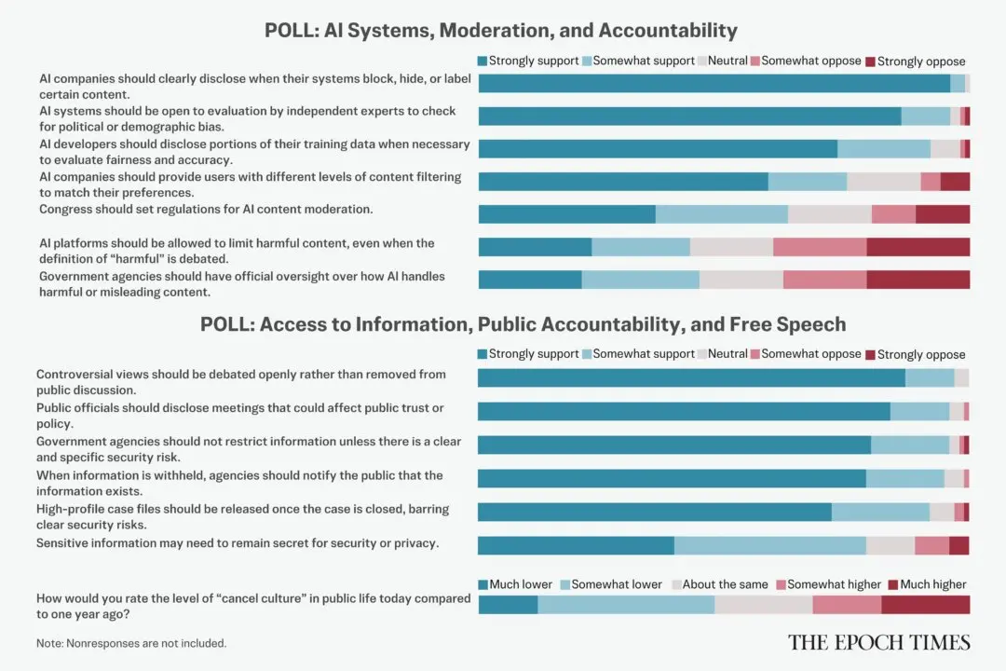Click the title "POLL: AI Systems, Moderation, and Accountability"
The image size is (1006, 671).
pos(500,30)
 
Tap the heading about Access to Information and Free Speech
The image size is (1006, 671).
pos(523,324)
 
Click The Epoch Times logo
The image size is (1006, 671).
pos(878,642)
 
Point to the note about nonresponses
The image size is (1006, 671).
pos(130,643)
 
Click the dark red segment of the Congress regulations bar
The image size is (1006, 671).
pos(942,214)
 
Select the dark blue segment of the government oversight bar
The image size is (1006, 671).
pos(529,280)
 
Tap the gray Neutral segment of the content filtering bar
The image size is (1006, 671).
pos(883,182)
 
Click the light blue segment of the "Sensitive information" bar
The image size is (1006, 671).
pos(769,546)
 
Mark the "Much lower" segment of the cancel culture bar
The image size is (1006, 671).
pos(508,605)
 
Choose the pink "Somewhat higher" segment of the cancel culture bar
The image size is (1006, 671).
pos(846,605)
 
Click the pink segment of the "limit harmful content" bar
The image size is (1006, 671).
pos(819,247)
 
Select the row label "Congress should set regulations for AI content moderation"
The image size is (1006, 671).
pos(206,210)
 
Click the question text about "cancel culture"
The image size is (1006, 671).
pos(252,606)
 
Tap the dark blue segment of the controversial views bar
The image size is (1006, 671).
pos(691,377)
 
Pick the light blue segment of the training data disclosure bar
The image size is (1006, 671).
pos(883,148)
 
